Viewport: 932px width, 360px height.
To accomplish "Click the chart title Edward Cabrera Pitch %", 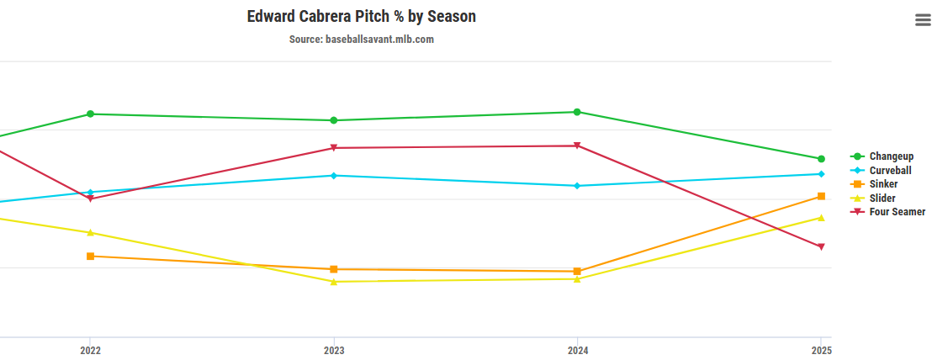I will point(361,17).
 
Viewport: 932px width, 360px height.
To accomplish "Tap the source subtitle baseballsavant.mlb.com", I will point(361,40).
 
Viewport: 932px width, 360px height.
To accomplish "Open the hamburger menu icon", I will point(923,21).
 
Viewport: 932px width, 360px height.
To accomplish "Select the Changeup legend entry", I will point(891,156).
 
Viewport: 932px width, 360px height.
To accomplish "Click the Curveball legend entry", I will point(890,170).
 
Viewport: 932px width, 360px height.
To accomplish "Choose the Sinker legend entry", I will point(883,184).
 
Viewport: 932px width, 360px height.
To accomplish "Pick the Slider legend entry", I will point(882,199).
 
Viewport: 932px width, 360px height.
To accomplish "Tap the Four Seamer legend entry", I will point(897,212).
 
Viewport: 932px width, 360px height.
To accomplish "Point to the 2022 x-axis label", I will point(91,350).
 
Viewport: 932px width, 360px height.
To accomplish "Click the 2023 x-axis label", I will point(334,350).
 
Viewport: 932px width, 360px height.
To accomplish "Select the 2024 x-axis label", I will point(577,350).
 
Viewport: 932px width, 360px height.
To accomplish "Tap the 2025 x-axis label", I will point(821,350).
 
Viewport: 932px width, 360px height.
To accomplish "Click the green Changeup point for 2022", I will point(91,114).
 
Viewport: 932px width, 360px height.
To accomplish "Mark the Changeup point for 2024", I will point(577,112).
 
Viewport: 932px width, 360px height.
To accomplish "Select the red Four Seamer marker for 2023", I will point(334,148).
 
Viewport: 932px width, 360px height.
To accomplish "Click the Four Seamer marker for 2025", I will point(821,246).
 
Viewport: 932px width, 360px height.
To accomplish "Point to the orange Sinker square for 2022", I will point(91,256).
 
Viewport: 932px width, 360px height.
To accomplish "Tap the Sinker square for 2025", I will point(821,196).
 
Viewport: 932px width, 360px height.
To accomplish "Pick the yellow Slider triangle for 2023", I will point(334,281).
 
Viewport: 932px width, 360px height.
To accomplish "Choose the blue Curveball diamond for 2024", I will point(577,186).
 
